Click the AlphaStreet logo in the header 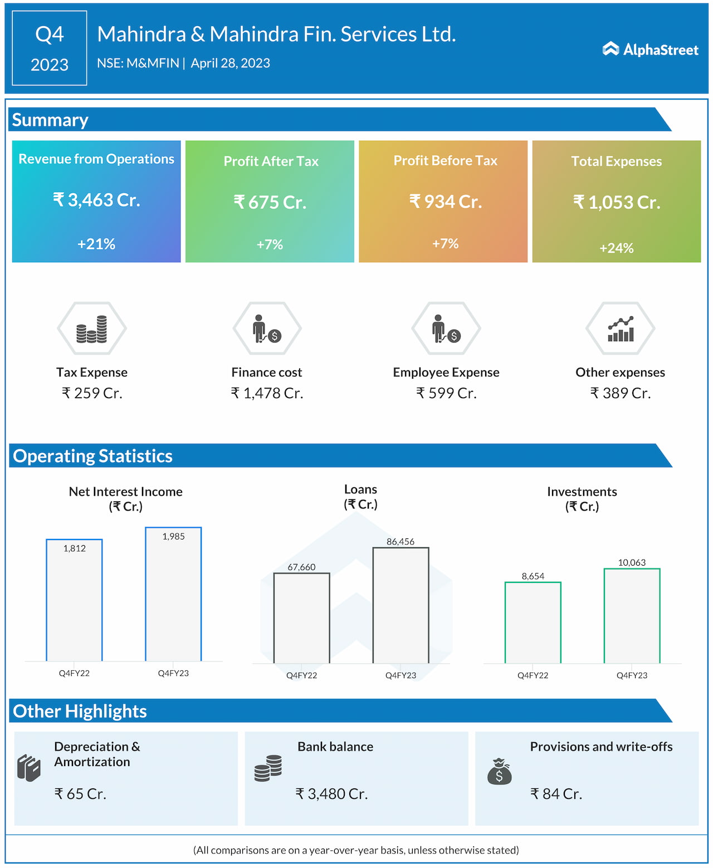[x=650, y=50]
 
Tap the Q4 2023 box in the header [x=50, y=48]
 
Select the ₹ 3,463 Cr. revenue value [x=96, y=200]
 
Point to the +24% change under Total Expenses [x=616, y=248]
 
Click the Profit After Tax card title [x=271, y=161]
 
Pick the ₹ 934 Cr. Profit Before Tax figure [x=445, y=202]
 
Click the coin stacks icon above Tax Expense [x=92, y=329]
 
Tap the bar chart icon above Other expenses [x=620, y=329]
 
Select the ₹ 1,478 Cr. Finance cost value [x=267, y=394]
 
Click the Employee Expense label [x=446, y=372]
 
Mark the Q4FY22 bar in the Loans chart [x=301, y=618]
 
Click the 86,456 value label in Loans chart [x=401, y=542]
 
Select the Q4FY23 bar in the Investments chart [x=632, y=616]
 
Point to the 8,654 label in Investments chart [x=533, y=576]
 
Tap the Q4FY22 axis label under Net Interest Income [x=74, y=674]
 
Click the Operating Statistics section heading [x=93, y=456]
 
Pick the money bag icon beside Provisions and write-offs [x=499, y=771]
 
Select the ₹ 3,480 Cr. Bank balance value [x=331, y=794]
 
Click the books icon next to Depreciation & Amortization [x=29, y=768]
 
